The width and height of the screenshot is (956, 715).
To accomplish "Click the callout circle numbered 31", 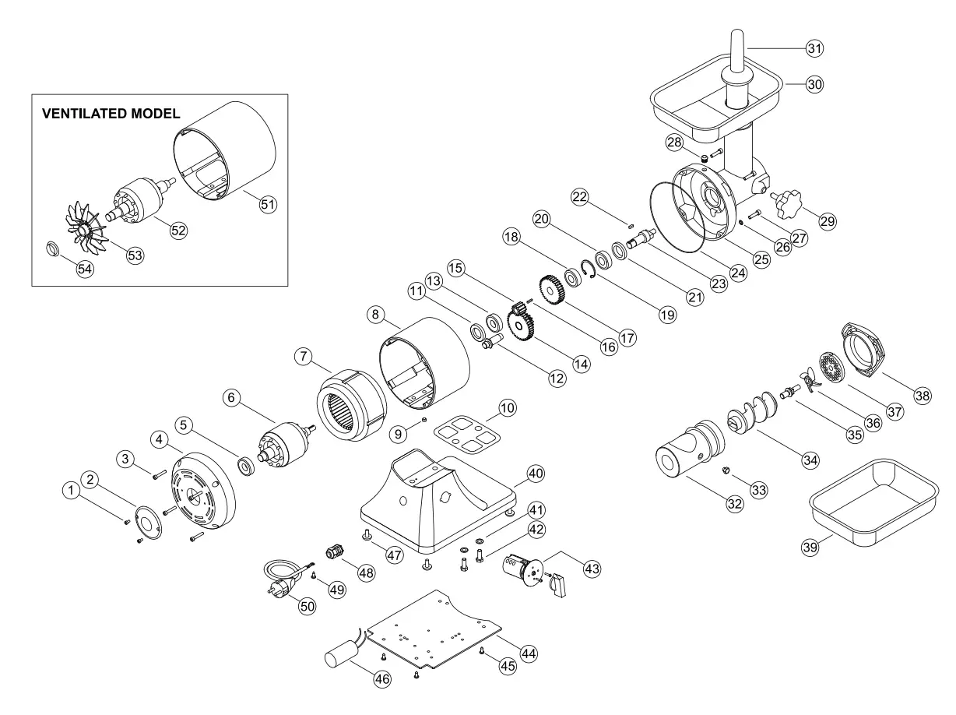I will [x=814, y=48].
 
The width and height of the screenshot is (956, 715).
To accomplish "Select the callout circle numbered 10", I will [x=507, y=407].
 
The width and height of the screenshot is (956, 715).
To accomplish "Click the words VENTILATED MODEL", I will [x=111, y=114].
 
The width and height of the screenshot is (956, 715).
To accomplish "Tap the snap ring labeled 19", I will [x=589, y=269].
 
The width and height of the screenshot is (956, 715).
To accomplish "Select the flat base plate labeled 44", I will [x=432, y=631].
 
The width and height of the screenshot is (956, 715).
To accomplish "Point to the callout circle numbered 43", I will [x=592, y=569].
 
